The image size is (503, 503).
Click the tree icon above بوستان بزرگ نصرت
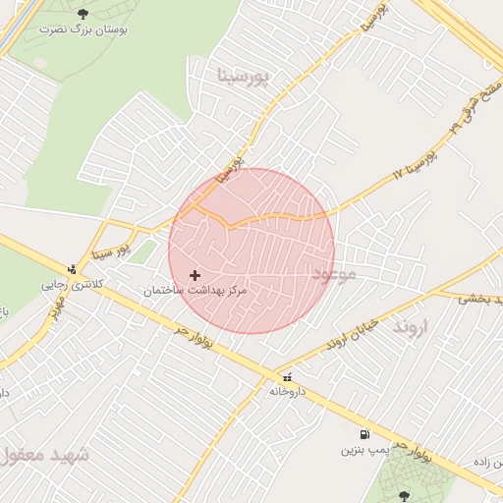[x=81, y=13]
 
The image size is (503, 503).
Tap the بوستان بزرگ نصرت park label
[x=83, y=29]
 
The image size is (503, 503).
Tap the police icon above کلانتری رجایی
[x=71, y=269]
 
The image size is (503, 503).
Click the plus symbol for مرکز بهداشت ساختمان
[x=195, y=275]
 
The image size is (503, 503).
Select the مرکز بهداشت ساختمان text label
[x=195, y=292]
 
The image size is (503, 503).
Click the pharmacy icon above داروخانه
[x=286, y=376]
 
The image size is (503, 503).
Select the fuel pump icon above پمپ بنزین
[x=364, y=434]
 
